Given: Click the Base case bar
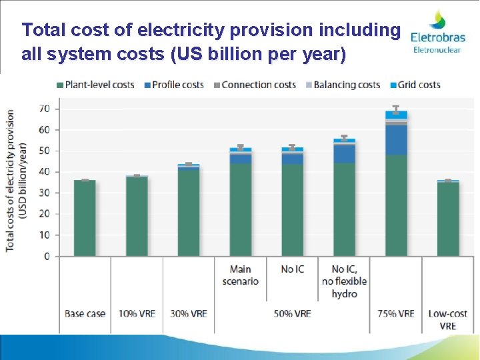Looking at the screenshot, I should click(85, 218).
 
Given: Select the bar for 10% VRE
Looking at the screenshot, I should click(137, 216).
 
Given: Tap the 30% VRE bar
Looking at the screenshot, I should click(189, 210).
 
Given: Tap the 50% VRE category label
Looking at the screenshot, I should click(293, 313).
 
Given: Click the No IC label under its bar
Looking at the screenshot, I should click(293, 269).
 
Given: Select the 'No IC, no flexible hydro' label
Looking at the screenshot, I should click(344, 281).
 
